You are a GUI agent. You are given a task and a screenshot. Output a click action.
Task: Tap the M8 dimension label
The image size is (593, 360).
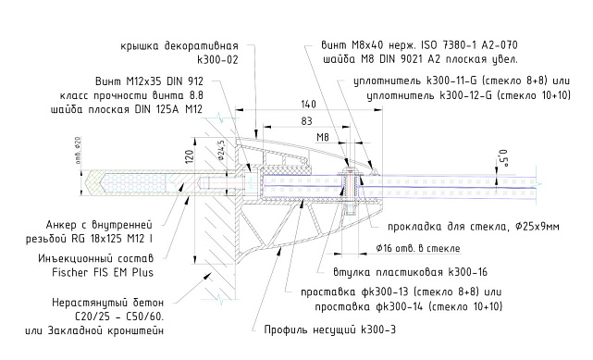click(324, 136)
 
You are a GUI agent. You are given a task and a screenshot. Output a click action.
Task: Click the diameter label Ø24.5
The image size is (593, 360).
click(223, 149)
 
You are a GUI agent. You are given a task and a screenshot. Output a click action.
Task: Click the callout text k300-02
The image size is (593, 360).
click(218, 58)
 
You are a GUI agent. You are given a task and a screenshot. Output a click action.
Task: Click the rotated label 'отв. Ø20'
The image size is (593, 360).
click(78, 155)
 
